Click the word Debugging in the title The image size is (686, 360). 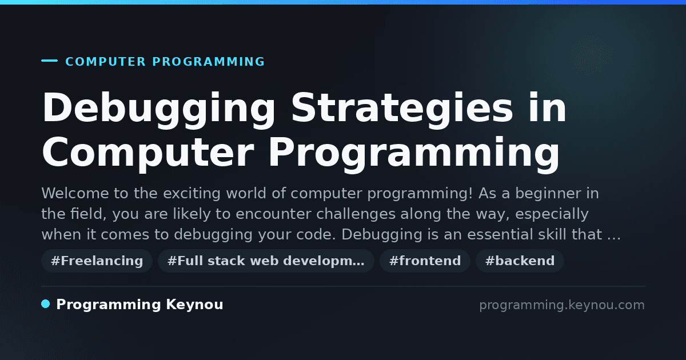pyautogui.click(x=159, y=110)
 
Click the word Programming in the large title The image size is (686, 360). pyautogui.click(x=414, y=154)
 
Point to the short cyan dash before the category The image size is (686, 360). pyautogui.click(x=49, y=61)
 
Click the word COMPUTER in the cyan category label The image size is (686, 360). pyautogui.click(x=106, y=62)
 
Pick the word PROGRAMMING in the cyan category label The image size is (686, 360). pyautogui.click(x=208, y=62)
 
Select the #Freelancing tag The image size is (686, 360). pyautogui.click(x=97, y=261)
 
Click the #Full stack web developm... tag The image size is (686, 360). pyautogui.click(x=266, y=261)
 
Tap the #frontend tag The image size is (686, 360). pyautogui.click(x=425, y=261)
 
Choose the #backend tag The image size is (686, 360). pyautogui.click(x=520, y=261)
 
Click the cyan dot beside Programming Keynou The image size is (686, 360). pyautogui.click(x=46, y=304)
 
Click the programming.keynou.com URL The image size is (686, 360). pyautogui.click(x=562, y=305)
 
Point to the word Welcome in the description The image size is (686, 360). pyautogui.click(x=75, y=194)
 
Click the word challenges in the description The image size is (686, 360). pyautogui.click(x=356, y=214)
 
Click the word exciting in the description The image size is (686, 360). pyautogui.click(x=192, y=194)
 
